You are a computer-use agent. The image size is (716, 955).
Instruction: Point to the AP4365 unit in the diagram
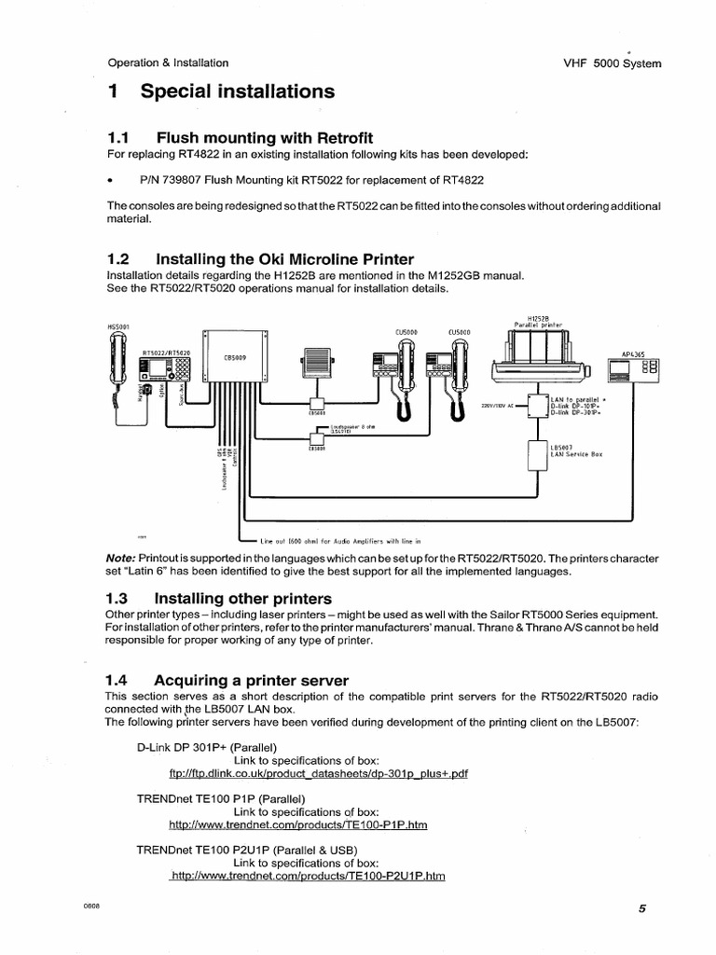pyautogui.click(x=633, y=369)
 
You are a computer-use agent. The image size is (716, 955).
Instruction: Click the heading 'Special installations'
pyautogui.click(x=237, y=91)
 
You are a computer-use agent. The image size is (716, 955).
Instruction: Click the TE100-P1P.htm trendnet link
pyautogui.click(x=297, y=825)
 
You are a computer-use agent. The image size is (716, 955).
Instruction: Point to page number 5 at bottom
pyautogui.click(x=642, y=910)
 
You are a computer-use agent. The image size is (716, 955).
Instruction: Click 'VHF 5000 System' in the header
pyautogui.click(x=613, y=63)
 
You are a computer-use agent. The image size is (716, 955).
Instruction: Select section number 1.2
pyautogui.click(x=121, y=258)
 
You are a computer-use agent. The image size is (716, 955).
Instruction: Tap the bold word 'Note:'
pyautogui.click(x=124, y=558)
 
